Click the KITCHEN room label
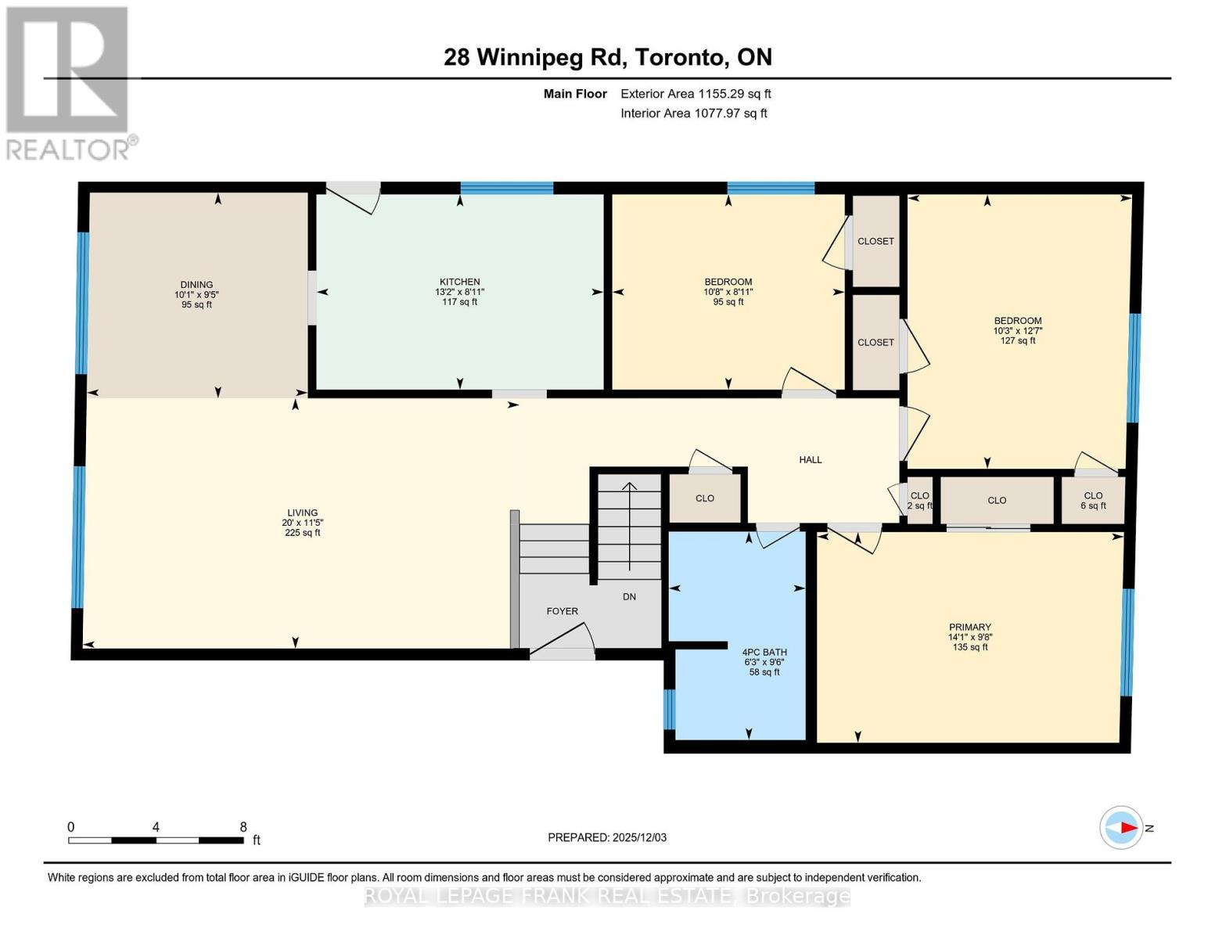[x=459, y=282]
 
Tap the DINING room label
[x=196, y=285]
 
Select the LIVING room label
[x=302, y=513]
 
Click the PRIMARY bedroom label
[x=969, y=627]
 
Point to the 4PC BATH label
[x=764, y=652]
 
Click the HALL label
[x=810, y=459]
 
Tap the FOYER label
[x=562, y=611]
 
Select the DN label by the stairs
[x=629, y=596]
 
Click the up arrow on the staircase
[x=629, y=488]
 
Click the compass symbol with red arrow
[x=1121, y=827]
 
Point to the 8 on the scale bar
[x=243, y=827]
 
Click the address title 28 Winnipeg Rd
[x=607, y=57]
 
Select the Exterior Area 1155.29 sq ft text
[x=696, y=93]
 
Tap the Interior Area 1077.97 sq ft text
[x=693, y=113]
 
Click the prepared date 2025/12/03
[x=607, y=837]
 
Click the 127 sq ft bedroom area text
[x=1018, y=340]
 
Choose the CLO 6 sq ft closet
[x=1093, y=500]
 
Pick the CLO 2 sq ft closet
[x=919, y=500]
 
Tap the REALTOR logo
[x=68, y=82]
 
